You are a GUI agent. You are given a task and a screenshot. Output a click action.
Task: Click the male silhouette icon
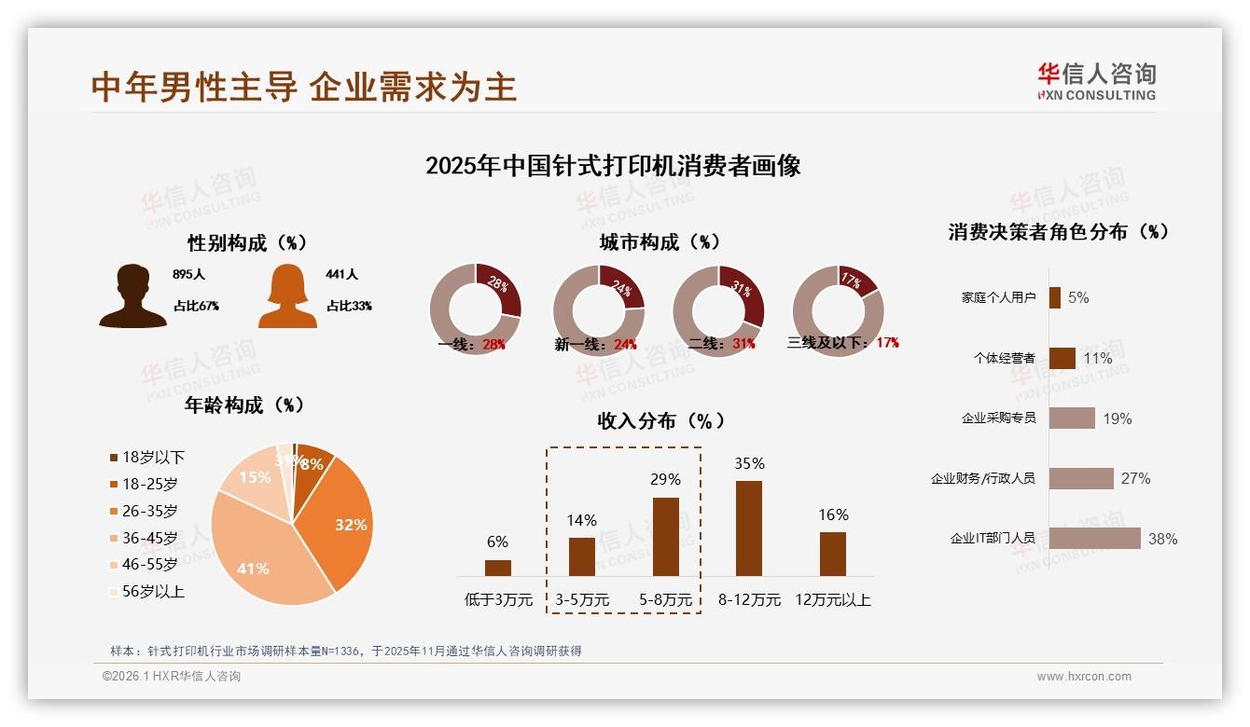click(132, 296)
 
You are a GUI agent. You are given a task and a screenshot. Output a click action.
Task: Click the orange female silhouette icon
click(287, 296)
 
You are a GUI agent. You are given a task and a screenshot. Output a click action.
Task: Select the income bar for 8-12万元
click(748, 528)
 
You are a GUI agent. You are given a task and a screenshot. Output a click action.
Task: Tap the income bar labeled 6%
click(498, 568)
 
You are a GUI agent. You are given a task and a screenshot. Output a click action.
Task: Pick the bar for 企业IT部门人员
click(1094, 539)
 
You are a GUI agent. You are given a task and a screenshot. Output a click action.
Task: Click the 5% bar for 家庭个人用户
click(1054, 297)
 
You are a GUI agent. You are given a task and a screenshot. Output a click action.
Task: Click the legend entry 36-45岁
click(149, 538)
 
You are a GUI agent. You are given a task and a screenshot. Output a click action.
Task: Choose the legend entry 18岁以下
click(153, 457)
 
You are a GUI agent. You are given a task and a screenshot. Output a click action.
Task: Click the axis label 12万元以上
click(832, 599)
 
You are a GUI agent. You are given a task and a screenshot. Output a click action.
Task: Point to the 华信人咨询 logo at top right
click(1096, 81)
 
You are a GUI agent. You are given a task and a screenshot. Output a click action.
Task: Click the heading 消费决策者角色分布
click(1058, 232)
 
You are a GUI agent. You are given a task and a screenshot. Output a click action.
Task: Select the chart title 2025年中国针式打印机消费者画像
click(613, 166)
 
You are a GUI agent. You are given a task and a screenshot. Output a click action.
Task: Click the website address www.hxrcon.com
click(1084, 677)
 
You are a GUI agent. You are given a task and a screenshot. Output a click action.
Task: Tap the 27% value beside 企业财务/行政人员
click(1135, 478)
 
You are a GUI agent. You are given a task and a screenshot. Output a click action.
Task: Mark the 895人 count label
click(188, 275)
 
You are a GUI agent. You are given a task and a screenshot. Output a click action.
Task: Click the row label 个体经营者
click(1004, 358)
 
